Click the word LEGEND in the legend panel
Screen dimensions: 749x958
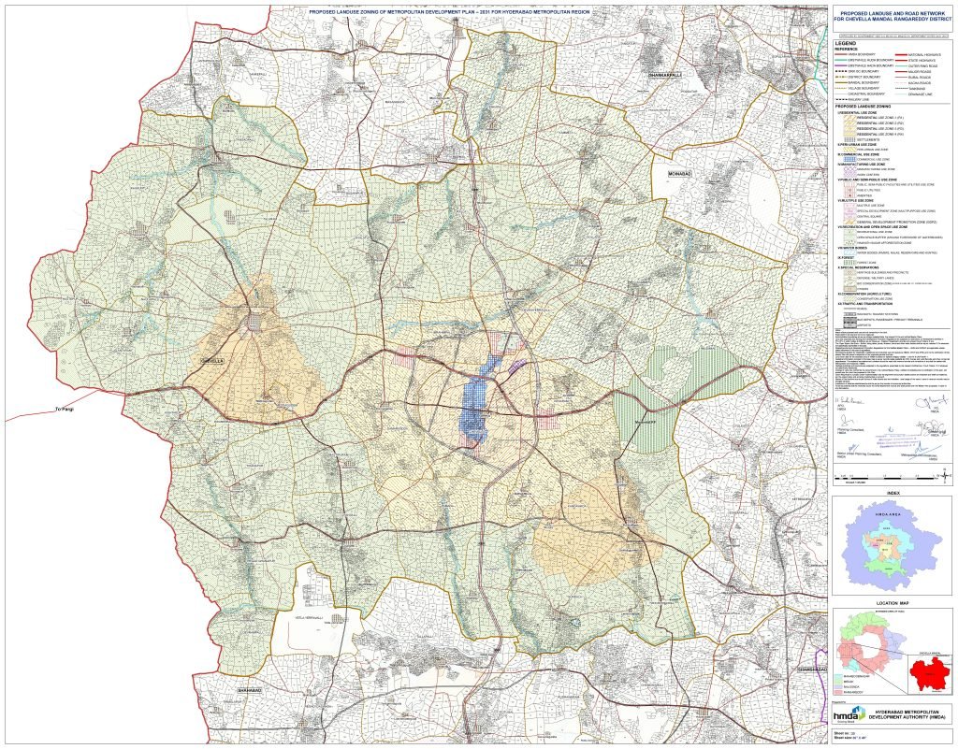tap(847, 44)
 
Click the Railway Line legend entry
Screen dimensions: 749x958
tap(859, 99)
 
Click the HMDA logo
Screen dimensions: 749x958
tap(849, 715)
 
